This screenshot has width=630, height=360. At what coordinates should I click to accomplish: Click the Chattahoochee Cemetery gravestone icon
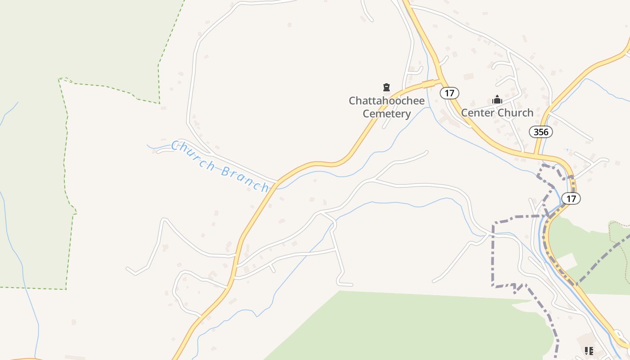(x=386, y=87)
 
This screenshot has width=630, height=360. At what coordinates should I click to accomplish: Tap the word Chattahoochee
(x=387, y=100)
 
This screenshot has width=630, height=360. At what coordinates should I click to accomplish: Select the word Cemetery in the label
(x=387, y=113)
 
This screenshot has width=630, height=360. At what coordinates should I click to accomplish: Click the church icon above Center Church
(x=497, y=99)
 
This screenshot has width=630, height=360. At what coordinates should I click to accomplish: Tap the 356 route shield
(x=540, y=132)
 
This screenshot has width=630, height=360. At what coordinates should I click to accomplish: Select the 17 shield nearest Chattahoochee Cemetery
(x=449, y=93)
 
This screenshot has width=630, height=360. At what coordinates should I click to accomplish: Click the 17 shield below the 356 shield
(x=571, y=198)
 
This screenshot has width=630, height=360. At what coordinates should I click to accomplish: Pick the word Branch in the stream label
(x=246, y=178)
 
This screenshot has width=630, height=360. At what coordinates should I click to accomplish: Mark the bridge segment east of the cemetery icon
(x=428, y=84)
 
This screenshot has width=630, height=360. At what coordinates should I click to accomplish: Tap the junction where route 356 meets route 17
(x=535, y=155)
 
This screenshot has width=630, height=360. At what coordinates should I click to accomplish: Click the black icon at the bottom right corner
(x=588, y=351)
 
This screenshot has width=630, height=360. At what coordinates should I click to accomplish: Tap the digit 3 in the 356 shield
(x=535, y=132)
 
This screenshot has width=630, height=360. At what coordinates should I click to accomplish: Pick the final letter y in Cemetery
(x=408, y=114)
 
